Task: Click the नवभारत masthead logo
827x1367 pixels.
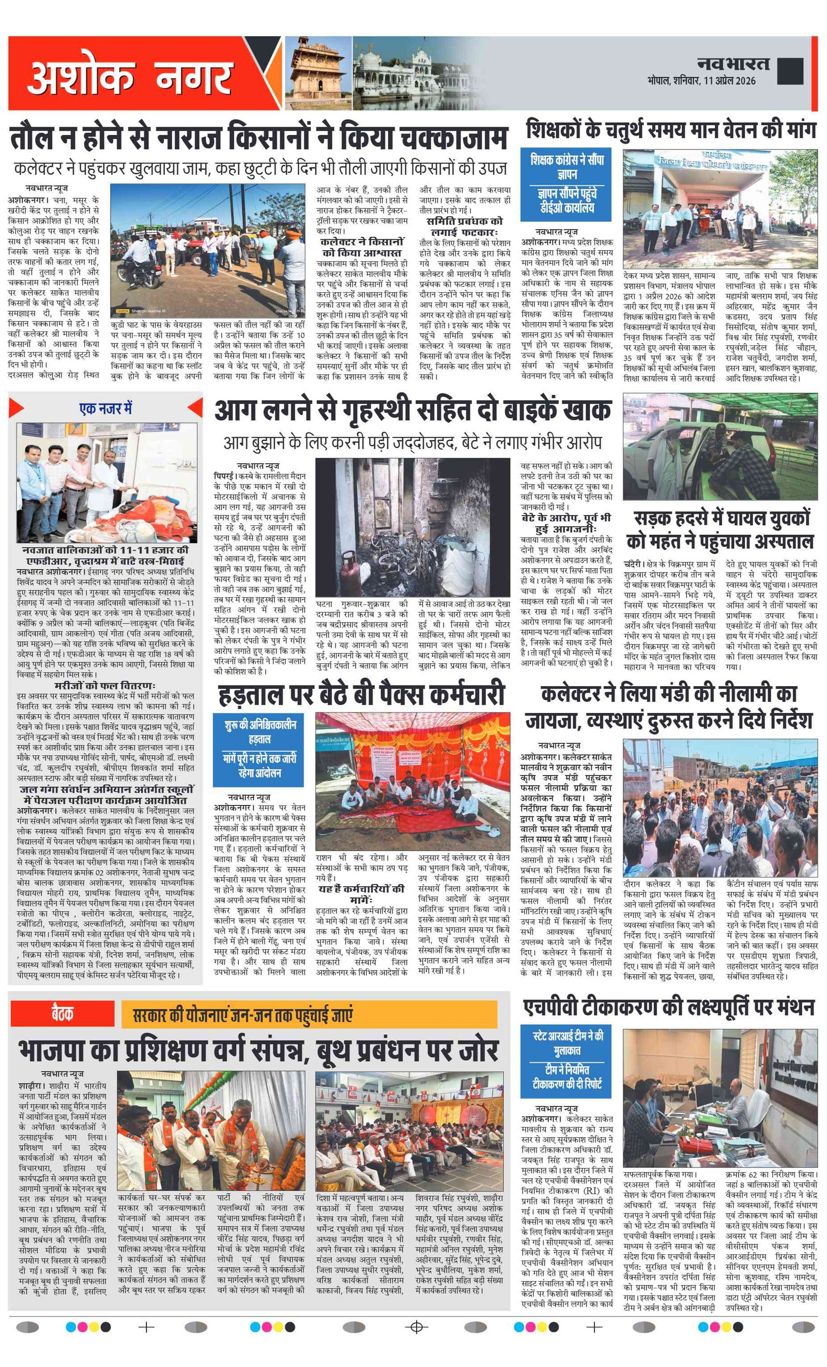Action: (733, 64)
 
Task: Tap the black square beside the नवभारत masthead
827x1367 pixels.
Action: (790, 71)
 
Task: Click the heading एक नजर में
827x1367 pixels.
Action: (105, 409)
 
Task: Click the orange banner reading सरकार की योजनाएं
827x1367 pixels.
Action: (309, 1015)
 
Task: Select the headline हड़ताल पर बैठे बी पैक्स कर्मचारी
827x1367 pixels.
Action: (361, 695)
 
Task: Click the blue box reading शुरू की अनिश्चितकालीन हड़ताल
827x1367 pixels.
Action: (259, 749)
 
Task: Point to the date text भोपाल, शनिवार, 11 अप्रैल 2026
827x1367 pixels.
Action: (701, 81)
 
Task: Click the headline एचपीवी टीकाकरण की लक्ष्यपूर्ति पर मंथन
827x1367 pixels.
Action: (668, 1007)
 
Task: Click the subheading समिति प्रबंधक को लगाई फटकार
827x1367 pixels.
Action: (465, 226)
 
